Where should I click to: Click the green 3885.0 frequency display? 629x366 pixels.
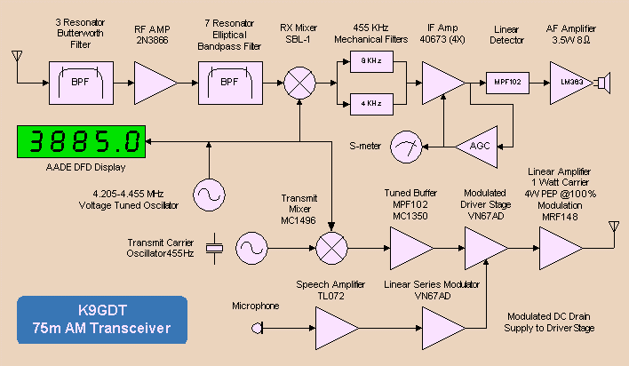pyautogui.click(x=82, y=141)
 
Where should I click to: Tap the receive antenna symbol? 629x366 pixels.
pyautogui.click(x=17, y=57)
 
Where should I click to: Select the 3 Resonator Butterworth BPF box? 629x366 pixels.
pyautogui.click(x=81, y=84)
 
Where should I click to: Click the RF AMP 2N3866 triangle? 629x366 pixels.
pyautogui.click(x=155, y=84)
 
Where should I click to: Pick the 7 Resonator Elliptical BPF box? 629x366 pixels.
pyautogui.click(x=230, y=84)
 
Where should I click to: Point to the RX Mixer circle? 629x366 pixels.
pyautogui.click(x=299, y=84)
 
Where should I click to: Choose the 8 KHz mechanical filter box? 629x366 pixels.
pyautogui.click(x=371, y=62)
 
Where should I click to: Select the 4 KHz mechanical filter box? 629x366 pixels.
pyautogui.click(x=371, y=104)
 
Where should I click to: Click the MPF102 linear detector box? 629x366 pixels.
pyautogui.click(x=507, y=84)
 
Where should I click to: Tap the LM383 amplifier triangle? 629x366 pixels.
pyautogui.click(x=571, y=84)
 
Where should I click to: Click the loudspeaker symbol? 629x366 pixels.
pyautogui.click(x=603, y=84)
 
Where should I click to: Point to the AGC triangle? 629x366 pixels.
pyautogui.click(x=476, y=147)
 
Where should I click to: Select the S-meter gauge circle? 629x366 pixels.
pyautogui.click(x=406, y=147)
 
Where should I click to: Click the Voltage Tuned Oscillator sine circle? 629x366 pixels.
pyautogui.click(x=209, y=195)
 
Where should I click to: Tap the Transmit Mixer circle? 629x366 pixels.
pyautogui.click(x=331, y=249)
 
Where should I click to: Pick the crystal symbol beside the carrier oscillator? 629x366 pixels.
pyautogui.click(x=215, y=249)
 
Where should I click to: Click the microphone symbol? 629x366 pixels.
pyautogui.click(x=257, y=329)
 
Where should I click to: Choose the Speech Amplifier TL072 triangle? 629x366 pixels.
pyautogui.click(x=337, y=329)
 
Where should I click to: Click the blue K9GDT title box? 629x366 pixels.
pyautogui.click(x=102, y=320)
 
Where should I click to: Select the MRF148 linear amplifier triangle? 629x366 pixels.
pyautogui.click(x=561, y=249)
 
